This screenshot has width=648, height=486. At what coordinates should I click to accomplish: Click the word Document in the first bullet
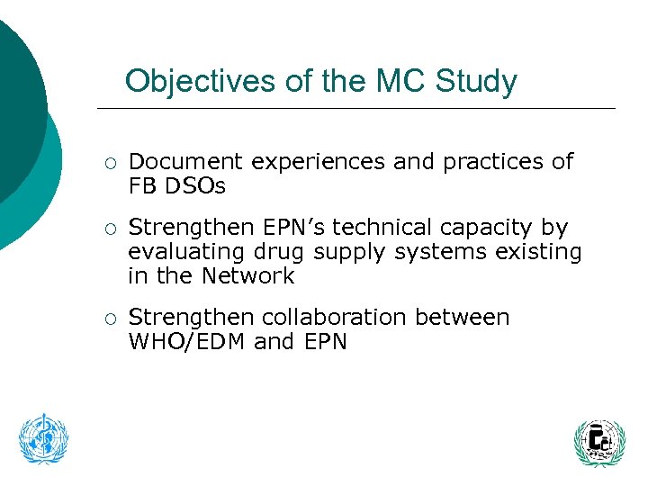click(185, 162)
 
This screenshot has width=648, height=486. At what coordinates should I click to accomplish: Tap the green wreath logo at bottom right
click(598, 442)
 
